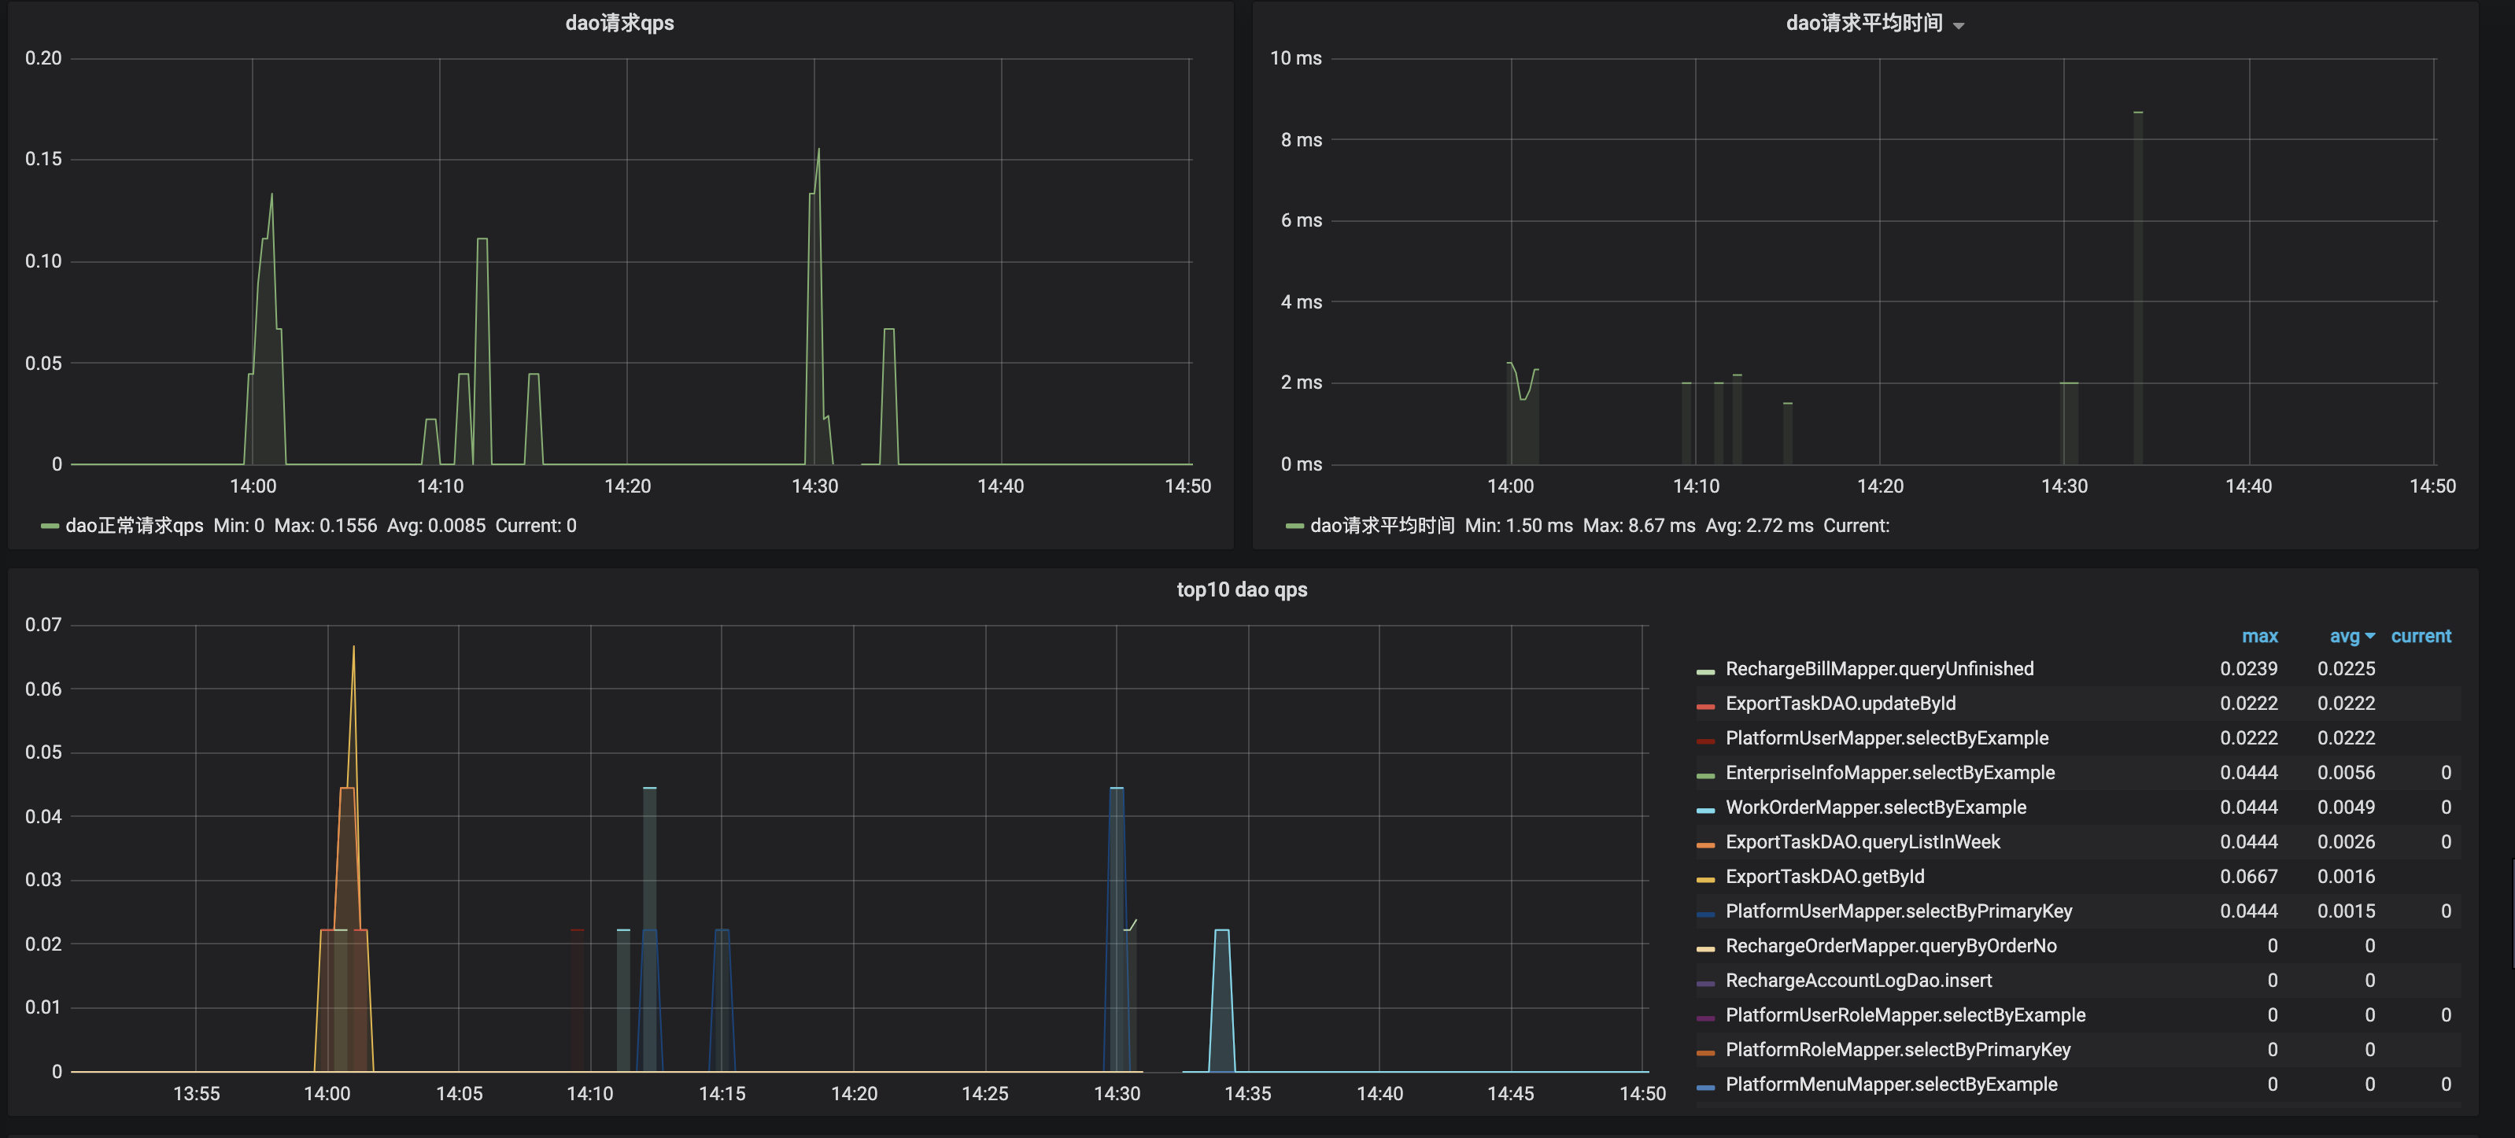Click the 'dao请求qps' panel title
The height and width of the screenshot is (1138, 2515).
click(x=619, y=24)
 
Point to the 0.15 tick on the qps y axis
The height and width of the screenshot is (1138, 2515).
click(x=43, y=159)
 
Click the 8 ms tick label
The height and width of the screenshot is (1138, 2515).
click(x=1301, y=139)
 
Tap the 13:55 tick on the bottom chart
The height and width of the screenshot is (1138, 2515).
click(x=196, y=1093)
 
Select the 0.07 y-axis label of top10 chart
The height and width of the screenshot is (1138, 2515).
click(x=43, y=625)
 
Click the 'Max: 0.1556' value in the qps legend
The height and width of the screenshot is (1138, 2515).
click(x=325, y=526)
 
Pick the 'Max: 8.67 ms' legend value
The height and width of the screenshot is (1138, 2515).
click(x=1638, y=526)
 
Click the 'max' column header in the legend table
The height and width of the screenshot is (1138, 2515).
click(x=2259, y=637)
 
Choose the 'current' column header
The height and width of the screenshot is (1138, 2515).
click(x=2421, y=637)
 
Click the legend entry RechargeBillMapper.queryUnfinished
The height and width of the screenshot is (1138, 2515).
click(x=1878, y=669)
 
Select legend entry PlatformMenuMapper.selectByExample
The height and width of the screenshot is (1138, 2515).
click(x=1890, y=1084)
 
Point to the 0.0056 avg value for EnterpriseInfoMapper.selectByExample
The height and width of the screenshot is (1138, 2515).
click(x=2345, y=773)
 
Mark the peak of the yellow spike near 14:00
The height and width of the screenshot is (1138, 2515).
click(x=353, y=648)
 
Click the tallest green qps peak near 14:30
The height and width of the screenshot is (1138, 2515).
click(x=819, y=150)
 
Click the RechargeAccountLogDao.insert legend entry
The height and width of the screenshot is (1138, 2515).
click(x=1858, y=981)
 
